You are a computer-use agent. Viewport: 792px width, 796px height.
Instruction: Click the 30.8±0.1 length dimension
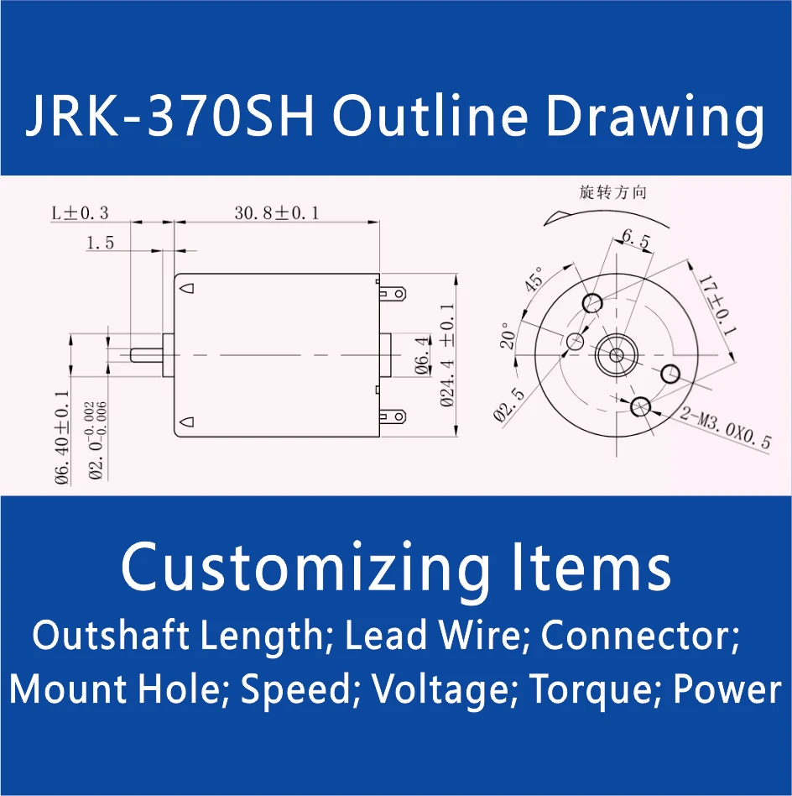[276, 213]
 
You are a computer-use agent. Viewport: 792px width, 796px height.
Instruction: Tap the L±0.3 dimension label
[80, 213]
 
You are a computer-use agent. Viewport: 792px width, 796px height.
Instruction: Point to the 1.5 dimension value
[99, 244]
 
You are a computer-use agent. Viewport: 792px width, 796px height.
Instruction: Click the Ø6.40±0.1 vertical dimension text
[61, 437]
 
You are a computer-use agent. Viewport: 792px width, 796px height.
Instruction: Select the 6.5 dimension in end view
[635, 240]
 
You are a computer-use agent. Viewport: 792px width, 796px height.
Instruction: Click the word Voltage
[441, 690]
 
